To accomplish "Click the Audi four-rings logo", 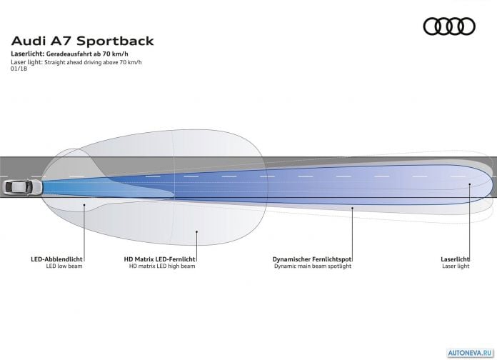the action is click(449, 26).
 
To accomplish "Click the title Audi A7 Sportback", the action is click(82, 41).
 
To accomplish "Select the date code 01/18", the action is click(19, 69).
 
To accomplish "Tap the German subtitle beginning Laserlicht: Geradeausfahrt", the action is click(69, 54).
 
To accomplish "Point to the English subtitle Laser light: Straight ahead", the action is click(76, 62).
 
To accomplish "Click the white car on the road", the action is click(23, 187).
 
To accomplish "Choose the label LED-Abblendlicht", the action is click(56, 259).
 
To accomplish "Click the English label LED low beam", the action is click(64, 266).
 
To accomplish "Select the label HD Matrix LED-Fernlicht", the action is click(159, 259).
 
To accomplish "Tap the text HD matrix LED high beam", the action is click(162, 266).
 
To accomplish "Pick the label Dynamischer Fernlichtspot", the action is click(312, 259).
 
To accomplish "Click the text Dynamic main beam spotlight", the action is click(313, 266).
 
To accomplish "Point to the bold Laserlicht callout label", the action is click(455, 259).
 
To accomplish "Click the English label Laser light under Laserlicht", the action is click(456, 266).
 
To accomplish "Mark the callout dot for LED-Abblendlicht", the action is click(84, 205).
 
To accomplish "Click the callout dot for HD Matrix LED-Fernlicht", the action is click(196, 231).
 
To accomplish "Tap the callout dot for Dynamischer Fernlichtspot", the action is click(352, 208).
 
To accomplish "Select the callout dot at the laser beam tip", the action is click(470, 184).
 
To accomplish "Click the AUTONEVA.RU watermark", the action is click(471, 353).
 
